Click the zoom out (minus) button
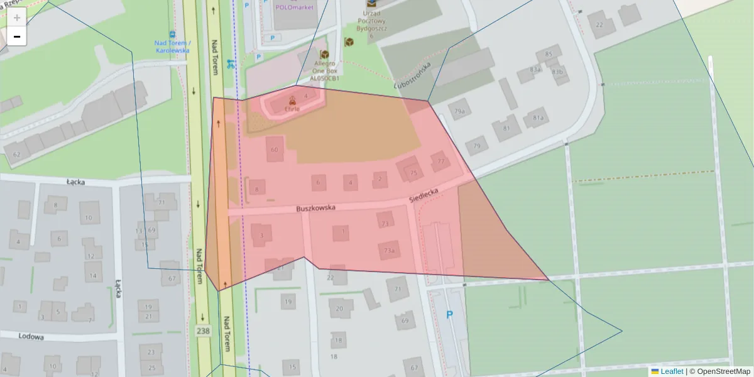coord(17,36)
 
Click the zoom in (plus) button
coord(17,18)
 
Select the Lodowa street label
coord(31,337)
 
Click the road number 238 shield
coord(203,331)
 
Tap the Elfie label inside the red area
coord(292,109)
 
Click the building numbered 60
coord(274,150)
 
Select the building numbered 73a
coord(389,251)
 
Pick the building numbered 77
coord(440,161)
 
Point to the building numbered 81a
coord(538,117)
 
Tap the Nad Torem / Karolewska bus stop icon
coord(173,35)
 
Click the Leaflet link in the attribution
coord(672,371)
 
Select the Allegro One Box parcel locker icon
coord(324,55)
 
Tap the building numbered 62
coord(16,154)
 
